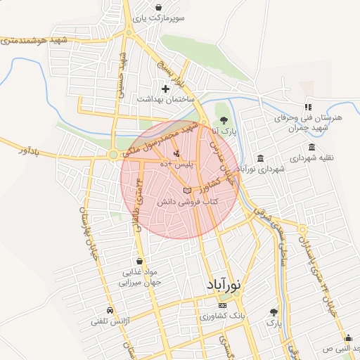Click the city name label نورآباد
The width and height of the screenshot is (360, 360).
pyautogui.click(x=224, y=285)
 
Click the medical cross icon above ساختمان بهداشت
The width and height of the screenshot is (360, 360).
pyautogui.click(x=166, y=89)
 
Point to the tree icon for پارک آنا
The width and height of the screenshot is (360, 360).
pyautogui.click(x=224, y=120)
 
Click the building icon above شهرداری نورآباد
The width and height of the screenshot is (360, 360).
pyautogui.click(x=261, y=157)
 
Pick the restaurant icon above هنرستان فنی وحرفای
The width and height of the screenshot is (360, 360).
pyautogui.click(x=308, y=106)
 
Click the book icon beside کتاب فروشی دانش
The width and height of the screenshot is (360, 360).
pyautogui.click(x=186, y=191)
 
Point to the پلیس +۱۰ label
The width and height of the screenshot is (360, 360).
pyautogui.click(x=176, y=163)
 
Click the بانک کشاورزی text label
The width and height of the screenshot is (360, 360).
pyautogui.click(x=223, y=317)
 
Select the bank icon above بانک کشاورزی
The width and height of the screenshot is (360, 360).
pyautogui.click(x=223, y=306)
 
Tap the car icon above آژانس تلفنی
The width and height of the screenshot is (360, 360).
pyautogui.click(x=109, y=310)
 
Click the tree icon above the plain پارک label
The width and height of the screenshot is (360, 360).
pyautogui.click(x=274, y=311)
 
